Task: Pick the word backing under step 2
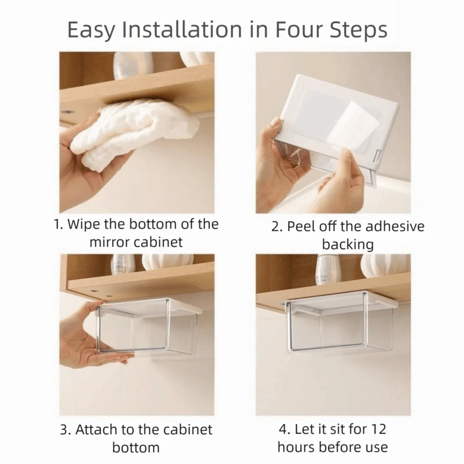click(348, 244)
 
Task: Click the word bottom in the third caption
click(136, 447)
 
